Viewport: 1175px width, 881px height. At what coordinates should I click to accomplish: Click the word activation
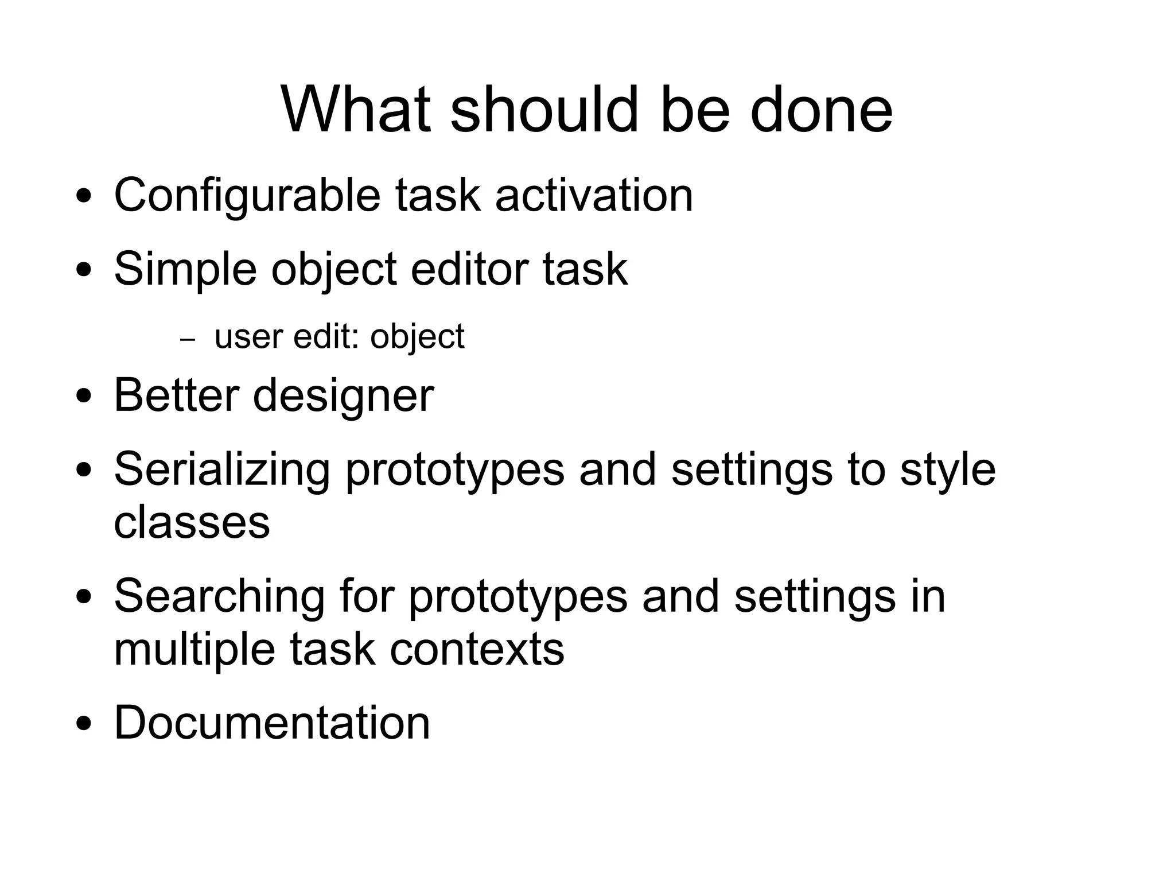(594, 196)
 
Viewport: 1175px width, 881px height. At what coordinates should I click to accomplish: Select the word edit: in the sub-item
(326, 336)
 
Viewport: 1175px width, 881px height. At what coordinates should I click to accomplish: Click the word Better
(176, 395)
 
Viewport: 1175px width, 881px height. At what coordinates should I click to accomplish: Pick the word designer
(343, 397)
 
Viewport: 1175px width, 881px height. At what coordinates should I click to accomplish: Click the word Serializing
(222, 469)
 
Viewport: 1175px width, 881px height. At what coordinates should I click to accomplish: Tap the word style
(948, 469)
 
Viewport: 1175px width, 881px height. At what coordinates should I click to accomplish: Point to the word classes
(192, 522)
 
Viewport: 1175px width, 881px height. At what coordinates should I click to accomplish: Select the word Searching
(220, 596)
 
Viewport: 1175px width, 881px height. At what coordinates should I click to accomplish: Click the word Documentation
(272, 722)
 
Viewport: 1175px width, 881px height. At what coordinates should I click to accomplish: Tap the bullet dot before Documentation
(84, 725)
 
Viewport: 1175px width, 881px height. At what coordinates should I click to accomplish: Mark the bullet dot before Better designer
(84, 398)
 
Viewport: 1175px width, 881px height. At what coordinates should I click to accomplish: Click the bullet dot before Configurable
(84, 197)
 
